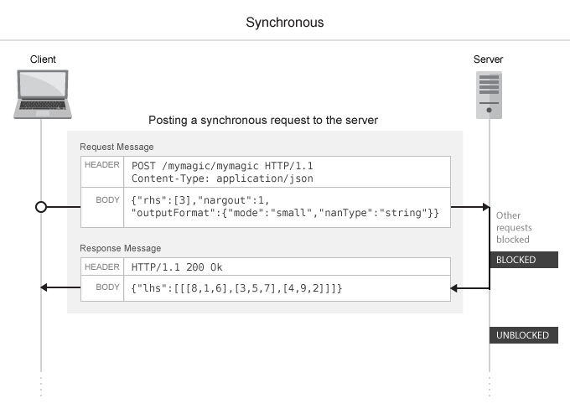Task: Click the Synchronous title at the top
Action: point(284,23)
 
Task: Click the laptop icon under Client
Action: point(41,95)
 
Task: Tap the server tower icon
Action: point(489,95)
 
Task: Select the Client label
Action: point(43,59)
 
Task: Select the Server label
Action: point(489,59)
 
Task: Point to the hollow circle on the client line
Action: point(41,206)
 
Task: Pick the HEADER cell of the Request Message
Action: point(103,165)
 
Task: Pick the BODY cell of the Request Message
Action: point(108,200)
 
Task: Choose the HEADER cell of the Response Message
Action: point(103,266)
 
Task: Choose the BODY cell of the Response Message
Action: point(108,287)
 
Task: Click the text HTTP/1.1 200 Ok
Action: point(176,267)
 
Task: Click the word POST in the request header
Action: point(144,166)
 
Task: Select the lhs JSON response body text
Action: point(237,288)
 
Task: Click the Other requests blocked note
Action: point(514,227)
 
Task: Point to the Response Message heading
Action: point(120,248)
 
